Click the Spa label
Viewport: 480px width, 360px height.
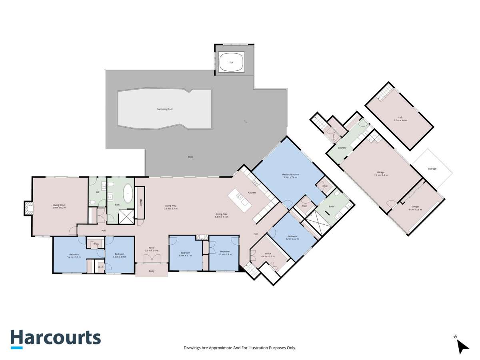point(231,63)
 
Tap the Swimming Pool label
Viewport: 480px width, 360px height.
point(164,109)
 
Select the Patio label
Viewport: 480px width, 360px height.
point(191,157)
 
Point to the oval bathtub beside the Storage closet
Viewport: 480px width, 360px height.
point(128,194)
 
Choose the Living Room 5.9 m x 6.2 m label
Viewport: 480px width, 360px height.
point(59,206)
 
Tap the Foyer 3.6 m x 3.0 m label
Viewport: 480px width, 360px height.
point(152,249)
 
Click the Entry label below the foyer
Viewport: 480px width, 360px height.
point(152,271)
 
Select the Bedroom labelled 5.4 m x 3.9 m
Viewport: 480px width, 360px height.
point(74,256)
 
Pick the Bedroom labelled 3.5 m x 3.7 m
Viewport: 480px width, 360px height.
point(185,254)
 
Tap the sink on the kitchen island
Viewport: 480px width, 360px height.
point(239,196)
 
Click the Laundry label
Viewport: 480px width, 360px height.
point(342,148)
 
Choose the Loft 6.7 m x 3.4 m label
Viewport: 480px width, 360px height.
point(400,119)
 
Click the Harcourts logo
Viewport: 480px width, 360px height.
point(56,338)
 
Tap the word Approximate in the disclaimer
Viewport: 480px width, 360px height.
point(219,348)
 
